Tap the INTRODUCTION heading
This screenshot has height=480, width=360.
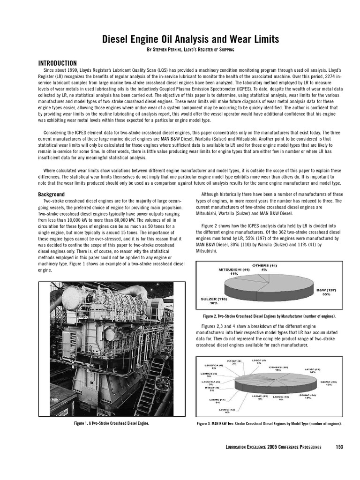pos(57,63)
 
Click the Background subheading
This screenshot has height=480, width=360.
pos(51,194)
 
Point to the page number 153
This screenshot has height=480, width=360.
pos(339,447)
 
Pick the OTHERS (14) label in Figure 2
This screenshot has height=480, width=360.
pos(264,265)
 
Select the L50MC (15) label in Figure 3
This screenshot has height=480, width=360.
pos(281,397)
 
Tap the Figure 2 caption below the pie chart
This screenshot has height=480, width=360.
pos(266,316)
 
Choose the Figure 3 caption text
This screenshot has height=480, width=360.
pos(269,424)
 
